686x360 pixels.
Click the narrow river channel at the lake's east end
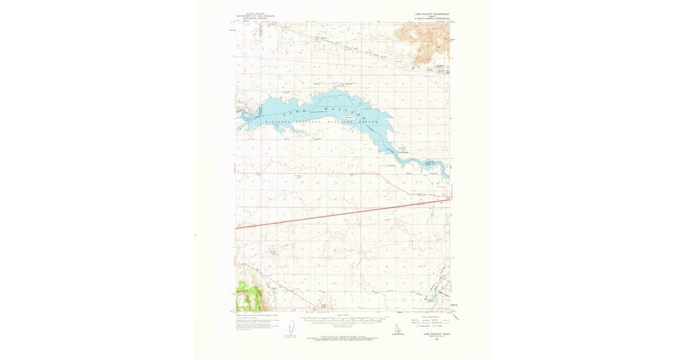[434, 166]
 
